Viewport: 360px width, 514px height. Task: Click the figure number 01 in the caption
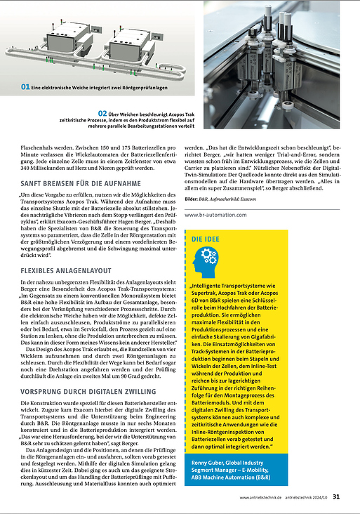coord(25,87)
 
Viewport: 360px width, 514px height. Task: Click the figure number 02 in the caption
coord(102,112)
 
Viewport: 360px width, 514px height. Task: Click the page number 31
coord(338,497)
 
